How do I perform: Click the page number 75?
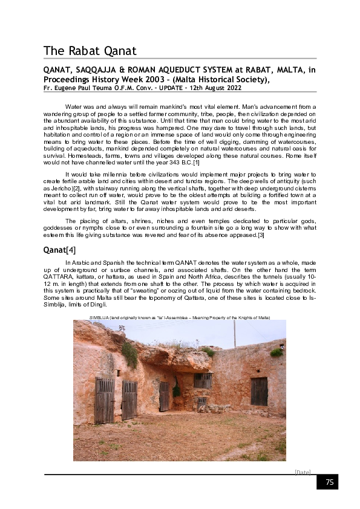pyautogui.click(x=330, y=482)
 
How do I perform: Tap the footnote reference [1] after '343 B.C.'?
pyautogui.click(x=197, y=162)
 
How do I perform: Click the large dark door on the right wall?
pyautogui.click(x=259, y=392)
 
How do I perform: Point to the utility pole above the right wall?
pyautogui.click(x=234, y=334)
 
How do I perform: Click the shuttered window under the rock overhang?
pyautogui.click(x=203, y=380)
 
